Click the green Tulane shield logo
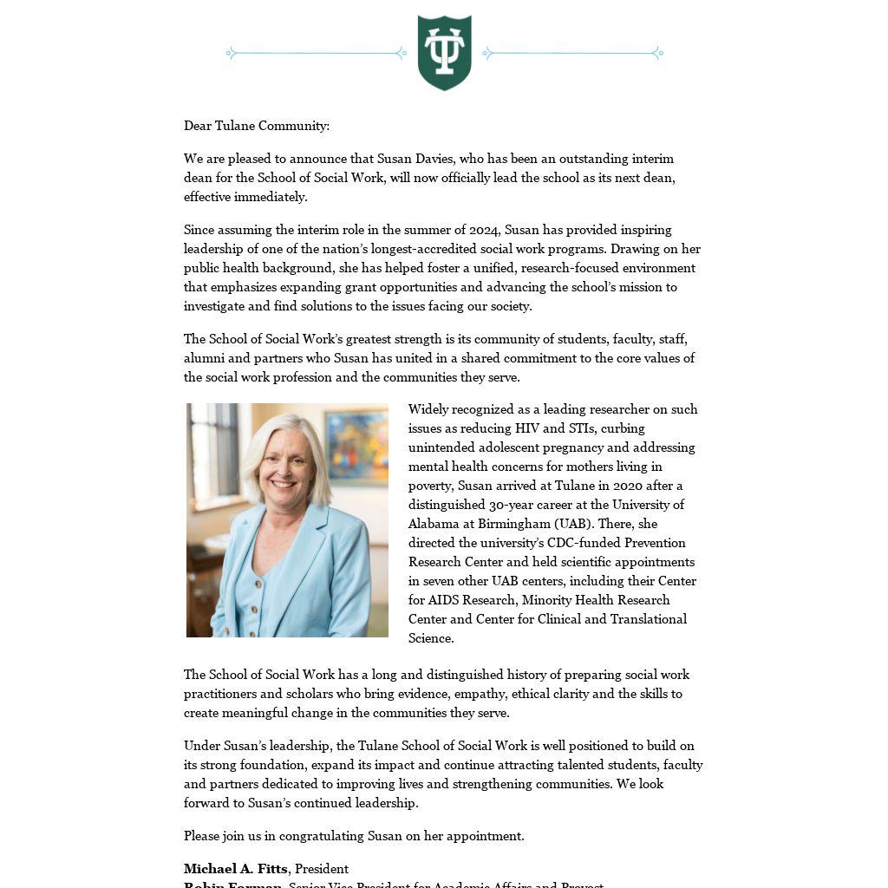[x=444, y=52]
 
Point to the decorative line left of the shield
[x=317, y=53]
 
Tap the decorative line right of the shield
[x=572, y=53]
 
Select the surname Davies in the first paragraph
[x=435, y=159]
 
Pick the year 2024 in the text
[x=484, y=230]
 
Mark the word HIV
[x=527, y=428]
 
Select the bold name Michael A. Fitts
[x=235, y=869]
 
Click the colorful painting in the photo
[x=356, y=445]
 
